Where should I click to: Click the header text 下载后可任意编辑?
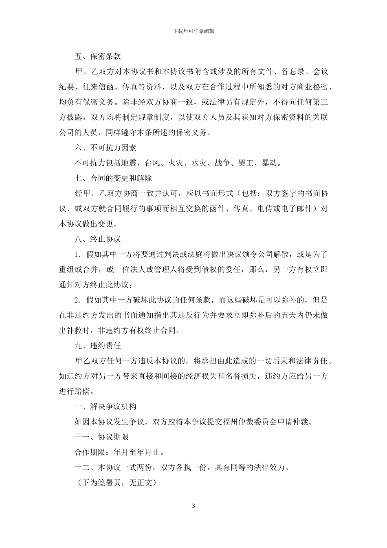click(193, 31)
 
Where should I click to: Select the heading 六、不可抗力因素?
click(106, 148)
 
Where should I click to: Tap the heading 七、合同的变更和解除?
click(113, 178)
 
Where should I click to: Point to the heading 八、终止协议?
click(98, 239)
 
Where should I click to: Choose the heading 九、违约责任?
click(98, 345)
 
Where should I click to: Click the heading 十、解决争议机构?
click(106, 407)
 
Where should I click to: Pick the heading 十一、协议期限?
click(102, 437)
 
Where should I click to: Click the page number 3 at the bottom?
click(193, 506)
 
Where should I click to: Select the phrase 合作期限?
click(90, 452)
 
